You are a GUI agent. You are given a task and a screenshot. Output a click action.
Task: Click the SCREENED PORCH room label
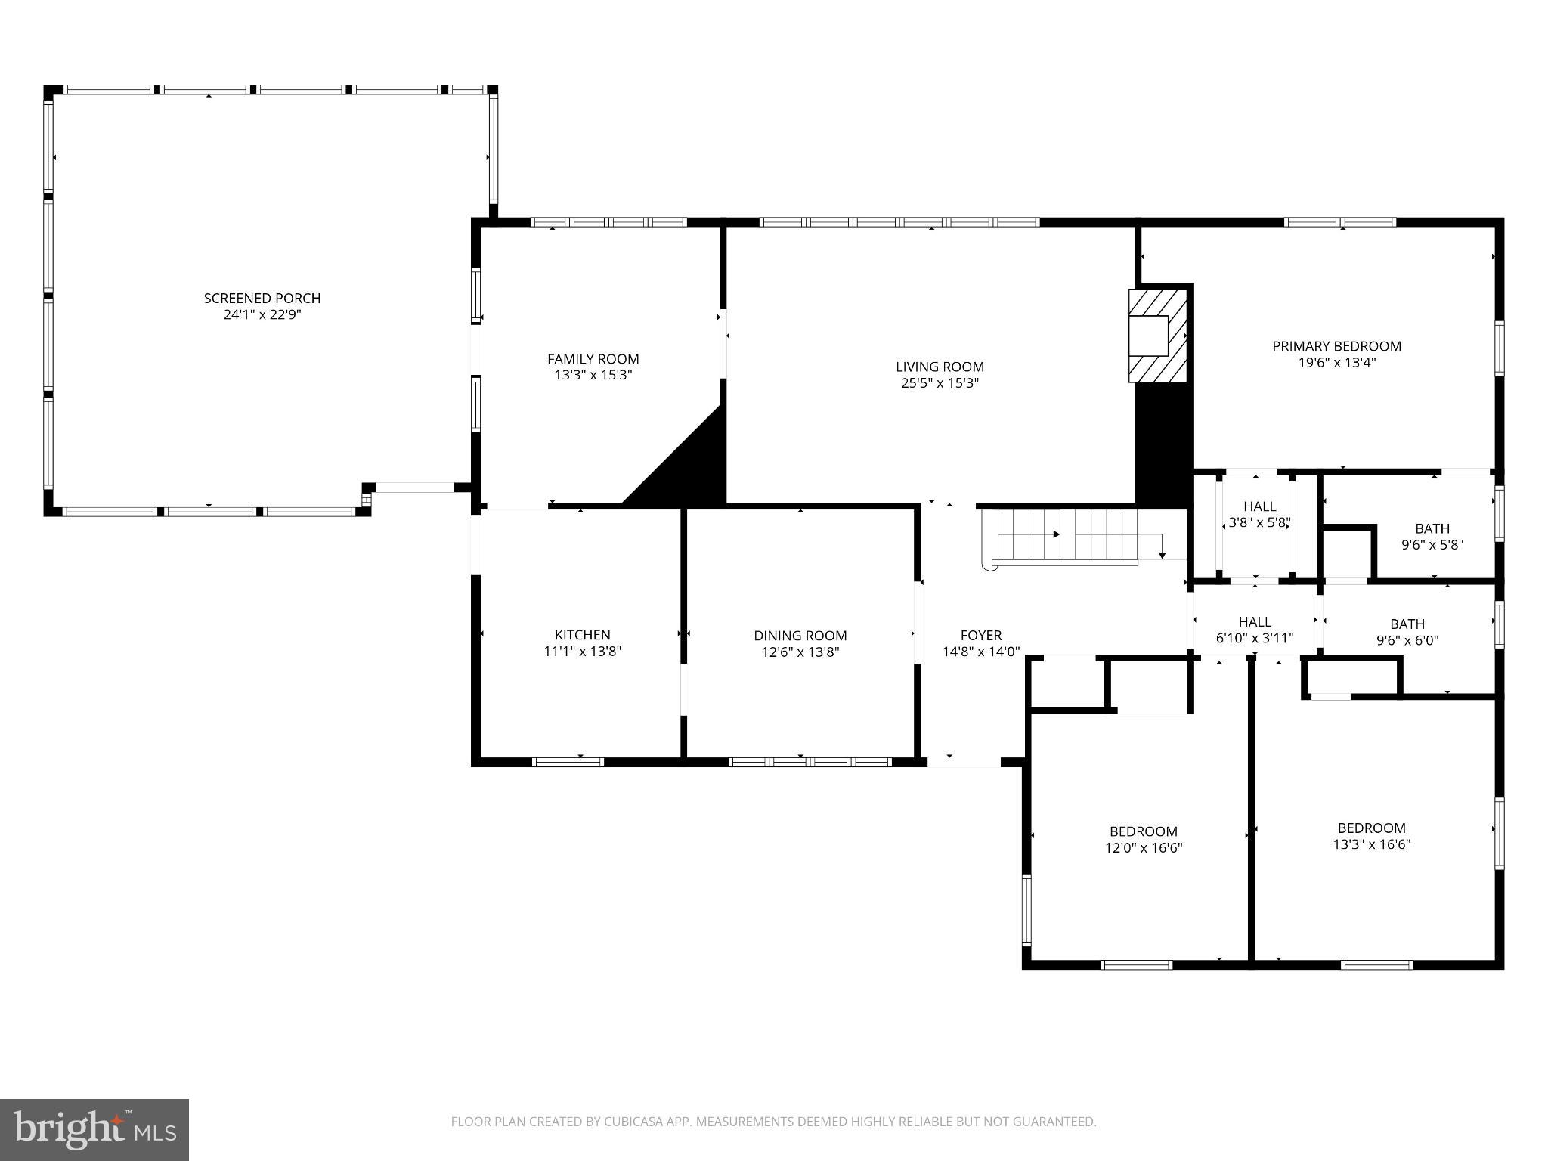tap(262, 298)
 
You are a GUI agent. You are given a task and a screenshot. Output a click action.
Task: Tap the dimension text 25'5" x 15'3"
tap(940, 383)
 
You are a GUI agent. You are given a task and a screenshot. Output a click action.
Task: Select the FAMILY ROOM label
tap(593, 359)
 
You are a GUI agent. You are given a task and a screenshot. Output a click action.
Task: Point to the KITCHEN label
tap(582, 635)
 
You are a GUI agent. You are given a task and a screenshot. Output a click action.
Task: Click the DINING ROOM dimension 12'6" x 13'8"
tap(800, 652)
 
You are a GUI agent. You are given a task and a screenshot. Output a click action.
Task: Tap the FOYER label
tap(980, 636)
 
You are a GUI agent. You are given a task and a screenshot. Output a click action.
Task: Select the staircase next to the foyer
tap(1066, 535)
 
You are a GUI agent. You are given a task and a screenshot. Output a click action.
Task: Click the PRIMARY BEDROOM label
tap(1336, 346)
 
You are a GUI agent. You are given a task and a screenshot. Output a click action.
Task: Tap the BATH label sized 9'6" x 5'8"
tap(1432, 528)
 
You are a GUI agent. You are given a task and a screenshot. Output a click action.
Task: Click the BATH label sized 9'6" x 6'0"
tap(1407, 624)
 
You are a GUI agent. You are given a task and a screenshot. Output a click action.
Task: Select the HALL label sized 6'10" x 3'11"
tap(1254, 621)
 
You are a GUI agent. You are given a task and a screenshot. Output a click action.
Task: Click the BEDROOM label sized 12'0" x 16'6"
tap(1143, 831)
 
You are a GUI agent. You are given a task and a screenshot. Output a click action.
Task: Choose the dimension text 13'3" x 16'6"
tap(1371, 844)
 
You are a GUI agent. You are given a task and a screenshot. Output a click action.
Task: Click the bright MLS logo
tap(94, 1130)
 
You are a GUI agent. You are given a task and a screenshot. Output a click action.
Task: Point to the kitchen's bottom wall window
tap(568, 762)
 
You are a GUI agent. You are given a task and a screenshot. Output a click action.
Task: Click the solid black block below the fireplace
tap(1164, 442)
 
